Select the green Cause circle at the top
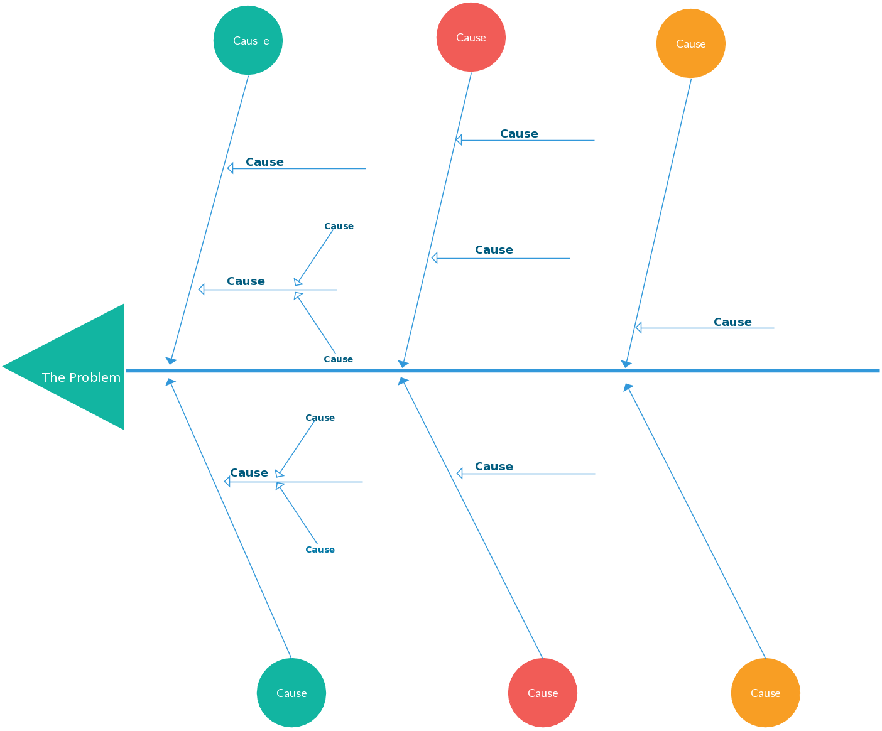point(248,40)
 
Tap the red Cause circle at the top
point(471,37)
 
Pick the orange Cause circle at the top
point(691,43)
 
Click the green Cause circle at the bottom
point(291,693)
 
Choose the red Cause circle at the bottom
point(543,693)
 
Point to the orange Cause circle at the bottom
point(766,693)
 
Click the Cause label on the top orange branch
point(732,322)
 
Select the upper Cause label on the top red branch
point(519,134)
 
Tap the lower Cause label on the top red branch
point(494,250)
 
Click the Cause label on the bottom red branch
point(494,467)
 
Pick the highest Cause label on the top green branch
point(264,162)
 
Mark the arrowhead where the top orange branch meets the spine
point(626,364)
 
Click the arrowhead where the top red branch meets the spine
point(403,364)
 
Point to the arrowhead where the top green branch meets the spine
point(170,360)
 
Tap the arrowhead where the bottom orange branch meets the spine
point(628,387)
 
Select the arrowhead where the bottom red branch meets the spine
point(403,381)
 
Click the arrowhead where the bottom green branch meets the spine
point(170,381)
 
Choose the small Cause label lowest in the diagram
point(320,550)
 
